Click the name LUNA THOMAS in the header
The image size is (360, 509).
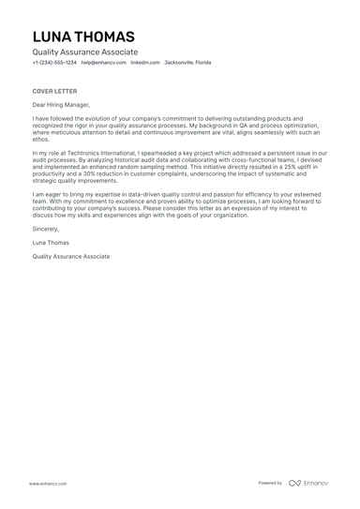83,37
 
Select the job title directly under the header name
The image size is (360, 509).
84,52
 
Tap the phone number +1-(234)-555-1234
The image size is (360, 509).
54,63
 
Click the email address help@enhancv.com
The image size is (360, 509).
101,63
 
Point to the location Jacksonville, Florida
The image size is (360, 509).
187,63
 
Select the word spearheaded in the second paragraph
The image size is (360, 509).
185,152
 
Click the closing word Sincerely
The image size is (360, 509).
45,228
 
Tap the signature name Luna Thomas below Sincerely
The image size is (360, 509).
52,242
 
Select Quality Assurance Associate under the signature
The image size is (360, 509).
70,255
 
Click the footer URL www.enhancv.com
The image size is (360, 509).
48,484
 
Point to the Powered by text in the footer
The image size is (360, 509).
271,483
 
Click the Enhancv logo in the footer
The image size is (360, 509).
308,483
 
